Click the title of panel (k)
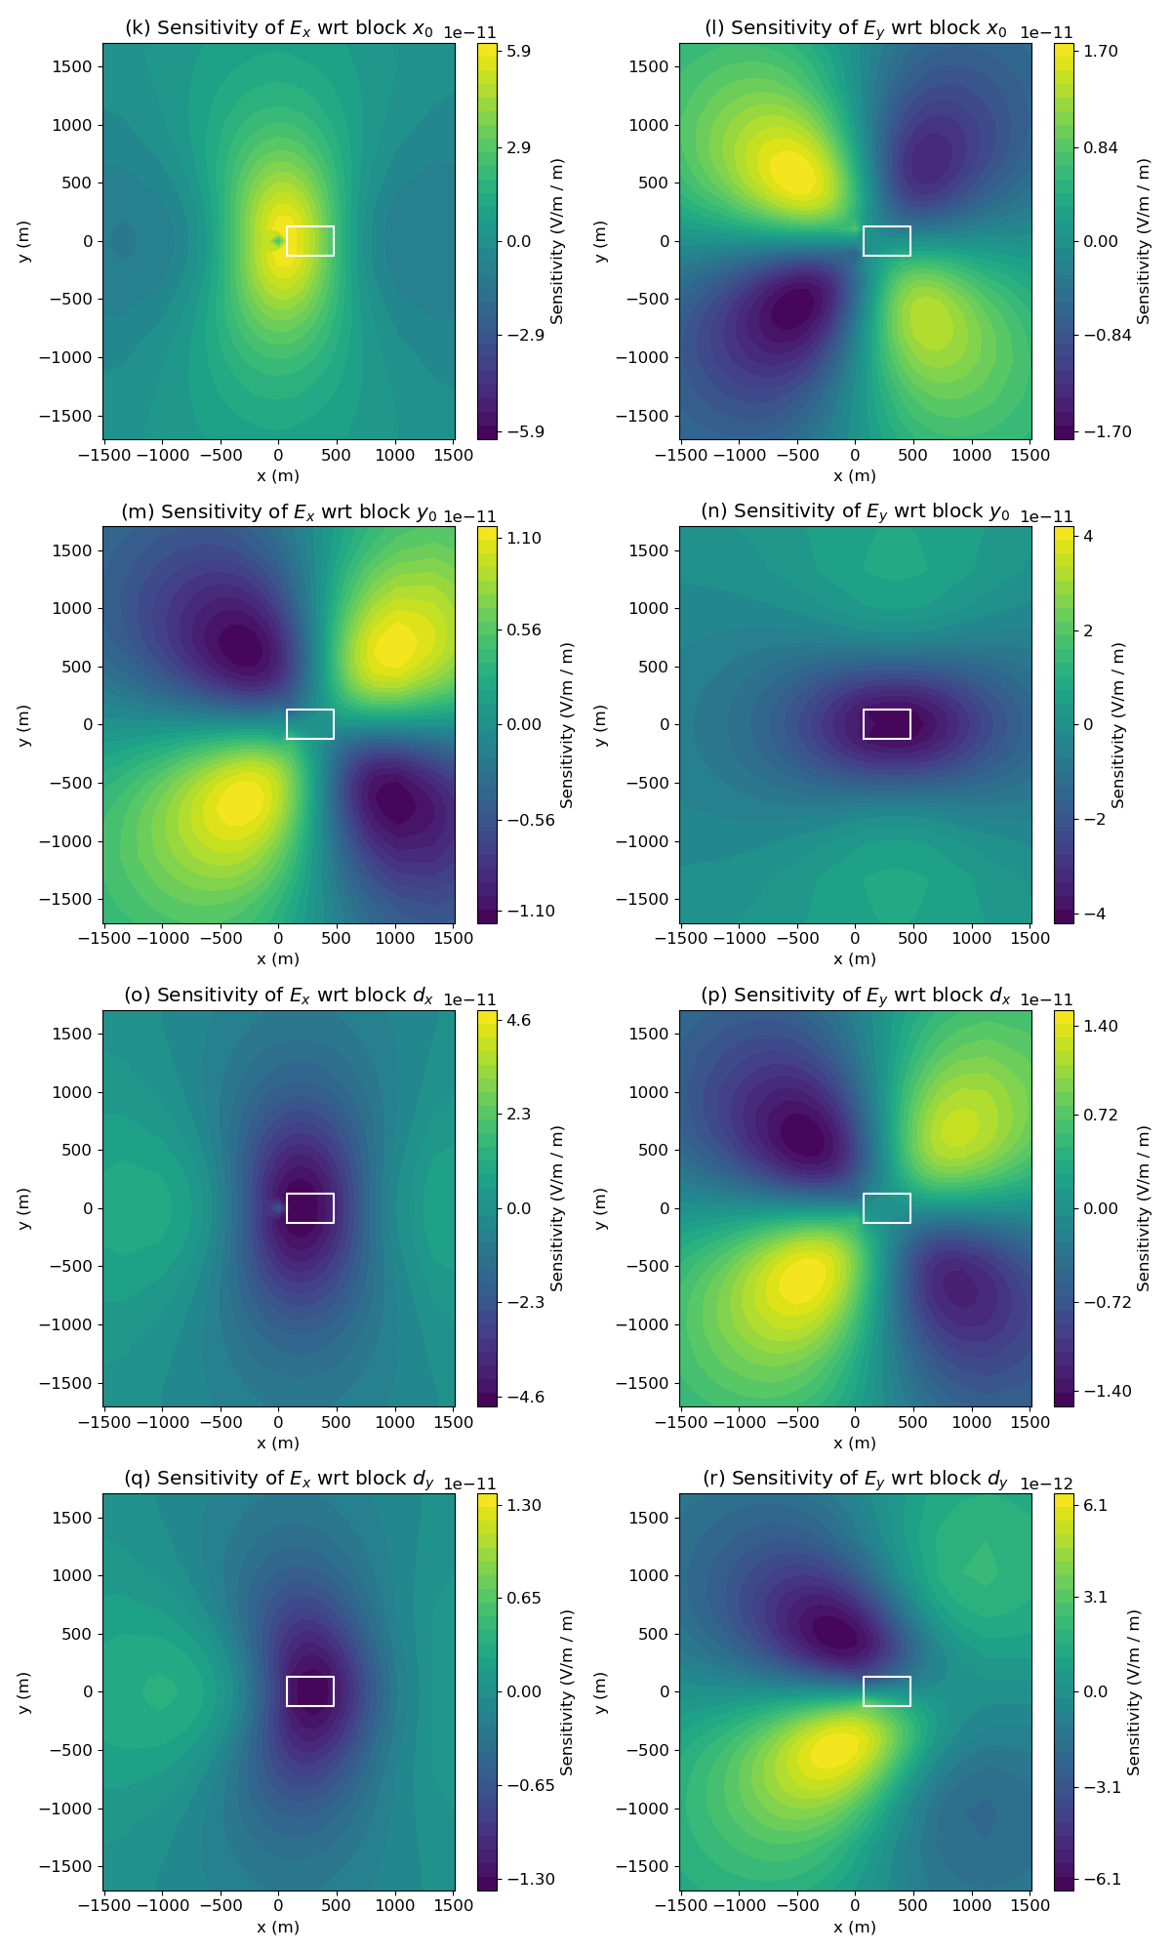(x=278, y=28)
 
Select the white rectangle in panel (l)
(x=887, y=241)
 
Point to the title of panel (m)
(x=278, y=511)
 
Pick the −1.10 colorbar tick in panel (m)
(x=531, y=911)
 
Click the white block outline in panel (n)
(x=887, y=724)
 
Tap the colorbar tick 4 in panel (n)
(x=1087, y=537)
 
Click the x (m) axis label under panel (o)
(x=278, y=1443)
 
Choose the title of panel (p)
(x=855, y=996)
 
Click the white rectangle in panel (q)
(x=310, y=1691)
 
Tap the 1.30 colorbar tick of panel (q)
(x=524, y=1505)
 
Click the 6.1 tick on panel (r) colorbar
(x=1095, y=1505)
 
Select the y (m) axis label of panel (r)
(x=600, y=1692)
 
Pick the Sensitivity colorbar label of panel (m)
(x=567, y=724)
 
